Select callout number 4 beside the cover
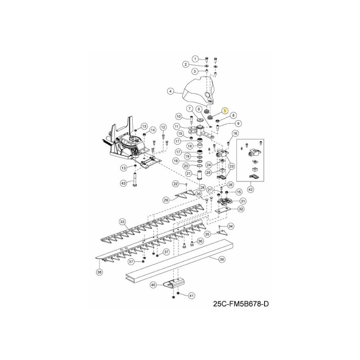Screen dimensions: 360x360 pyautogui.click(x=171, y=91)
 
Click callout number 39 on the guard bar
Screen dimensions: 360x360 pyautogui.click(x=221, y=260)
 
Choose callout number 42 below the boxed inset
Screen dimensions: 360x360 pyautogui.click(x=251, y=190)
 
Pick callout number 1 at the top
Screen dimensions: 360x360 pyautogui.click(x=195, y=59)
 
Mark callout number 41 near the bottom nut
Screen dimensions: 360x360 pyautogui.click(x=191, y=296)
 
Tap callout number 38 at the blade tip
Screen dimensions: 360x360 pyautogui.click(x=99, y=272)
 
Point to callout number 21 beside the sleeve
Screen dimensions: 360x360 pyautogui.click(x=189, y=173)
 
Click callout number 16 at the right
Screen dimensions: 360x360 pyautogui.click(x=235, y=133)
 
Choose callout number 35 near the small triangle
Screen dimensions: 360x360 pyautogui.click(x=207, y=234)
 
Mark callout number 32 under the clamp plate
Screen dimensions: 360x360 pyautogui.click(x=241, y=209)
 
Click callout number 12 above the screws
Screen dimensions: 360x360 pyautogui.click(x=163, y=127)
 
